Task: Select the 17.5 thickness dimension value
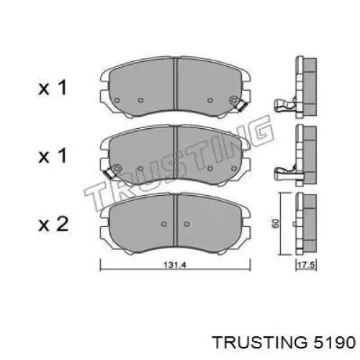[307, 266]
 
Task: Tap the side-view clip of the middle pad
[286, 173]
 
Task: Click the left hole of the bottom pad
[164, 221]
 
